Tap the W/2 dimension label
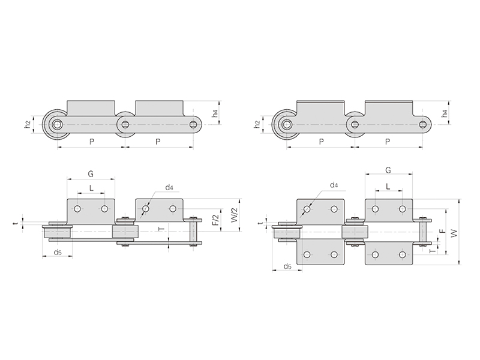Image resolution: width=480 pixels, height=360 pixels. pos(234,215)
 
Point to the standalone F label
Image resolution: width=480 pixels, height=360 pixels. pos(443,231)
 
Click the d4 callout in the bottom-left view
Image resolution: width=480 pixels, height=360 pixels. pos(169,187)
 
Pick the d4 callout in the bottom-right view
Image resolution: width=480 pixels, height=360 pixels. pos(334,185)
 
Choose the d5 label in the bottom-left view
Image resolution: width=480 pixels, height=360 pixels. pos(58,252)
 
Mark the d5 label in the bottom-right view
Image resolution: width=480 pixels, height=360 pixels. pos(287,266)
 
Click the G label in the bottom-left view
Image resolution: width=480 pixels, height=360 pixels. pos(91,174)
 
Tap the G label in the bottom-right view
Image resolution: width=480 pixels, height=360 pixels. pos(388,170)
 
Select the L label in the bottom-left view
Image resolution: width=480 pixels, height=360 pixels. pos(91,188)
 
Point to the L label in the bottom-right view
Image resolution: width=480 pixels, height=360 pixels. pos(388,186)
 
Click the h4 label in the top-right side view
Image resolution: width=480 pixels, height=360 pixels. pos(445,113)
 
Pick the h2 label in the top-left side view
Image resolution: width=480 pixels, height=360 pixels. pos(28,124)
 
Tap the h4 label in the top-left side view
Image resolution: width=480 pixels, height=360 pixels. pos(215,113)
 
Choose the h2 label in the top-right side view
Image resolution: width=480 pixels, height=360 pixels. pos(257,124)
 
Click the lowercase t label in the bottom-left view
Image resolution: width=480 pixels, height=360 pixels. pos(14,224)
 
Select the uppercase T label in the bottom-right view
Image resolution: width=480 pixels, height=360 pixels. pos(432,251)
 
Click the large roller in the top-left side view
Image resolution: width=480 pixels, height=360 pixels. pos(56,125)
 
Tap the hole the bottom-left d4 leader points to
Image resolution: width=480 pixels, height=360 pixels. pos(146,209)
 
